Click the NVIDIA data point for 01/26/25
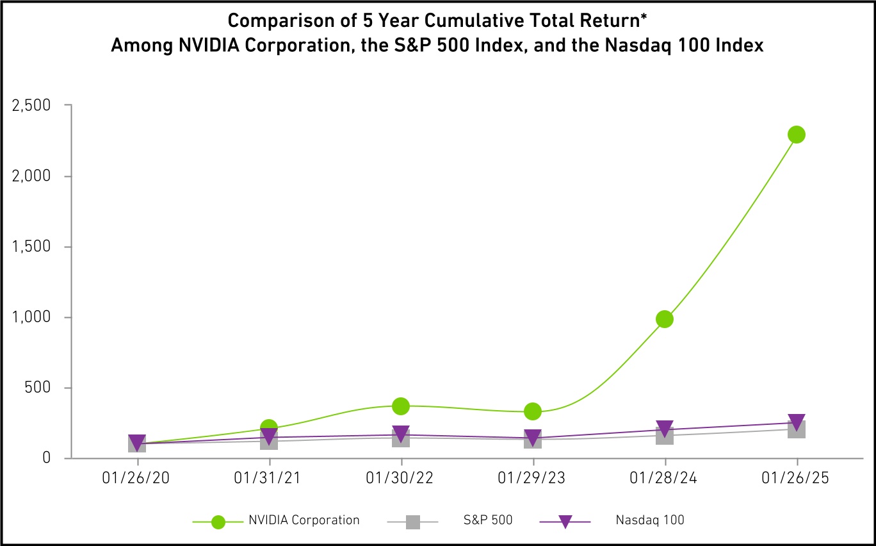pos(797,135)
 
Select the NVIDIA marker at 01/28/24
pos(665,318)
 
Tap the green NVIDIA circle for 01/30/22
pos(401,406)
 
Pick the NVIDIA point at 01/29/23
pos(533,411)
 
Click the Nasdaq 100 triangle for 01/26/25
pos(797,422)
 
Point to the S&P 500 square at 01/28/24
pos(665,436)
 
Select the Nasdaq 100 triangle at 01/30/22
pos(401,434)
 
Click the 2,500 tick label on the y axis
pos(31,105)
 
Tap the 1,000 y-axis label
pos(31,317)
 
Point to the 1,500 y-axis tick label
pos(31,247)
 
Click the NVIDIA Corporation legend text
pos(304,520)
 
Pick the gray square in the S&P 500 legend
pos(413,521)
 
